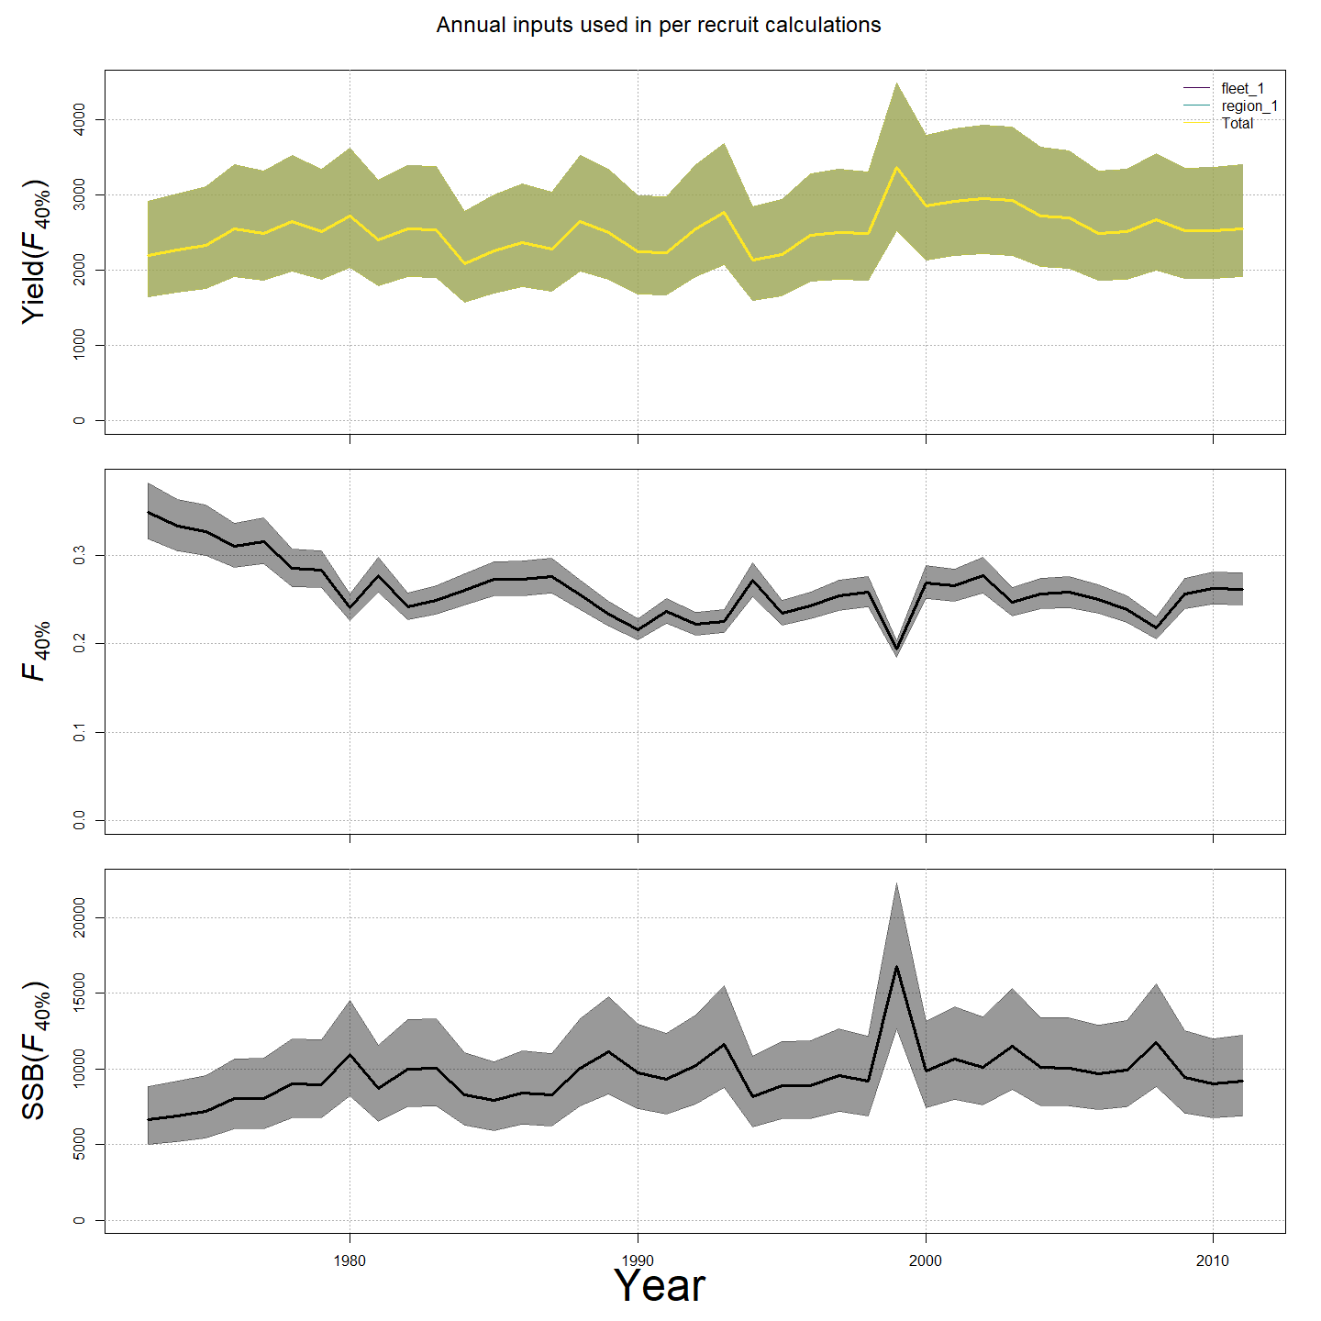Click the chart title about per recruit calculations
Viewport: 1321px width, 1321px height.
(659, 25)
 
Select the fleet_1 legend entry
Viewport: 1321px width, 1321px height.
(1242, 89)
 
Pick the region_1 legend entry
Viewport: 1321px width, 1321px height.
(1249, 106)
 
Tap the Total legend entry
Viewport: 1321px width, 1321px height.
(1237, 123)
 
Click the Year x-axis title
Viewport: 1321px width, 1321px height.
(659, 1285)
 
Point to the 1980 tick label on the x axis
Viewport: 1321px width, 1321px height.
(350, 1260)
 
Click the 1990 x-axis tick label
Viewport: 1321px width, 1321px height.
(638, 1260)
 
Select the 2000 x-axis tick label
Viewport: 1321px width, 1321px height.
(926, 1260)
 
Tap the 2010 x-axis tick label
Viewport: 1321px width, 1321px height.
(1213, 1260)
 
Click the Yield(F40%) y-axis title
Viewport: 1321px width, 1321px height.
(36, 250)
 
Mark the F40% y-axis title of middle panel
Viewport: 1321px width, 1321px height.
(36, 651)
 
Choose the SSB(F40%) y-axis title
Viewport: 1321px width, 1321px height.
(36, 1050)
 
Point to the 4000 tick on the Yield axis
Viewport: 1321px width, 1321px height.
(80, 119)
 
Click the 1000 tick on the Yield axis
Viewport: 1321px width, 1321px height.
(80, 345)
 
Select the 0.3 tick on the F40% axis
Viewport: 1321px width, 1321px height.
(80, 555)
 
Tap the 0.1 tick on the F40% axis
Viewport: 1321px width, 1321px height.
(80, 732)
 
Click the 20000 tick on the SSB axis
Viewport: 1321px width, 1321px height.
(80, 917)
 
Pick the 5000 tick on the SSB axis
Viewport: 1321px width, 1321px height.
(80, 1144)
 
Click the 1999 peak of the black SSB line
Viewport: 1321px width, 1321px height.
(896, 966)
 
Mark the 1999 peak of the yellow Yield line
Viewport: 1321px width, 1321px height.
(896, 167)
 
